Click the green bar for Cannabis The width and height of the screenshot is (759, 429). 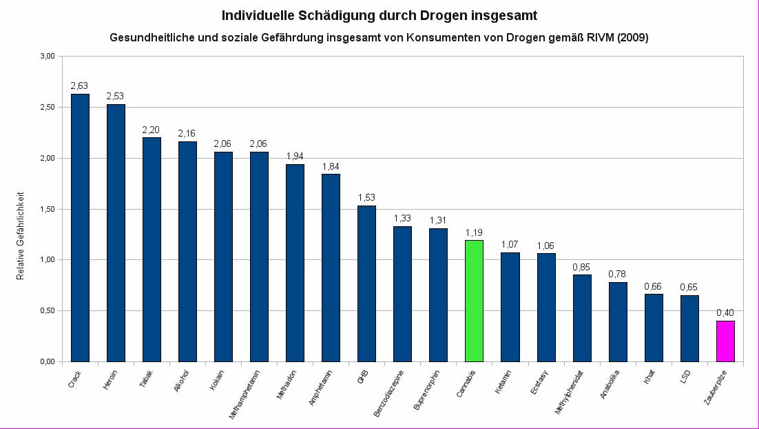(x=474, y=301)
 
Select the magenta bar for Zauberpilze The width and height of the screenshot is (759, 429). (x=725, y=341)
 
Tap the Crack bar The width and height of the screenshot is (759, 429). (x=80, y=228)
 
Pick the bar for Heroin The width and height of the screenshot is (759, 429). (x=116, y=232)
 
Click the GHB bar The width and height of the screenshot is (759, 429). (x=366, y=283)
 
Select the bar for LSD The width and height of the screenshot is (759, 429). (x=689, y=328)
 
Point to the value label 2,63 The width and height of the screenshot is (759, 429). (x=80, y=86)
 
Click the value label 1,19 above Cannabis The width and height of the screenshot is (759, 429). (x=474, y=232)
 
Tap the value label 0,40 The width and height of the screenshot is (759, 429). (x=725, y=313)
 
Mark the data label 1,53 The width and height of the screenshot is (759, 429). (x=366, y=198)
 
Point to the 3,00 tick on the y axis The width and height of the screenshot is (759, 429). (x=46, y=56)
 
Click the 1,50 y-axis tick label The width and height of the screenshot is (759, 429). (x=46, y=209)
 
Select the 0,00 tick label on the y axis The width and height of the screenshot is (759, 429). (x=46, y=361)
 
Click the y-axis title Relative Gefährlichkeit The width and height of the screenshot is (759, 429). (x=21, y=235)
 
